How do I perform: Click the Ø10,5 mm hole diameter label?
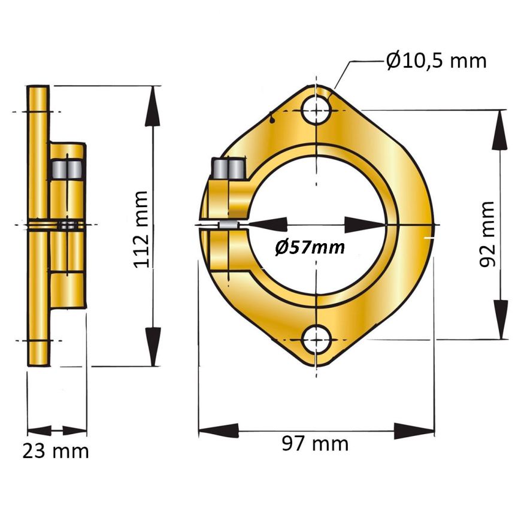coord(437,61)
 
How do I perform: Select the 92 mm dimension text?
coord(487,234)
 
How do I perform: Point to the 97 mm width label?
coord(316,443)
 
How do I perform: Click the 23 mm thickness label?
coord(56,451)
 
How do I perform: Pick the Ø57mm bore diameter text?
coord(310,247)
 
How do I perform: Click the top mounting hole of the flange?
coord(317,110)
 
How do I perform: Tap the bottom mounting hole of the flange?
coord(317,340)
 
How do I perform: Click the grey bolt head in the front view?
coord(229,169)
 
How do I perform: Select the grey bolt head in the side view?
coord(68,169)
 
